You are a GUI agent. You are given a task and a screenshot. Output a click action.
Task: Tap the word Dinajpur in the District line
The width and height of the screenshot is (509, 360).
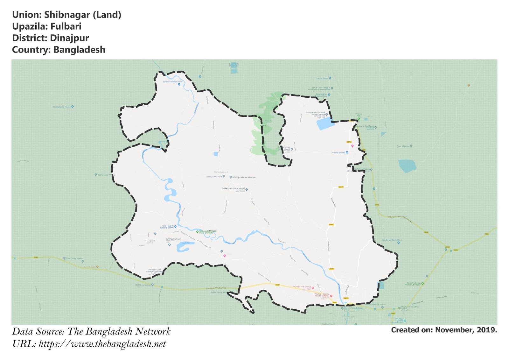coord(69,38)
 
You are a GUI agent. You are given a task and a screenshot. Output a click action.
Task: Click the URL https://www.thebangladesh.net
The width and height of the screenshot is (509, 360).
coord(102,344)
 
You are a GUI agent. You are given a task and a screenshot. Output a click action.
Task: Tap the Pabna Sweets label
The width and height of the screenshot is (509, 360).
coord(338,153)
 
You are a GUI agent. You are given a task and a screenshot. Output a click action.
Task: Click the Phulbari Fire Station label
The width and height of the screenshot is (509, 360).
coord(302,287)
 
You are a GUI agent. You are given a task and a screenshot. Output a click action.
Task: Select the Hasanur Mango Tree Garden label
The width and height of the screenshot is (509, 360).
coord(208,232)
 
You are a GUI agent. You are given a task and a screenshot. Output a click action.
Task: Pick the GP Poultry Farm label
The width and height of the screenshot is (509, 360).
coord(173,239)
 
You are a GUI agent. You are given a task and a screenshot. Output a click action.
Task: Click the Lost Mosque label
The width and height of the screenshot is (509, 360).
coord(403,146)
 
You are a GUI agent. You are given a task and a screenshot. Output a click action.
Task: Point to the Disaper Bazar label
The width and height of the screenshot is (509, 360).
coord(321,78)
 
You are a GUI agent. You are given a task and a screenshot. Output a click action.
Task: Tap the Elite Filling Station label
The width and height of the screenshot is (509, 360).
coord(75,258)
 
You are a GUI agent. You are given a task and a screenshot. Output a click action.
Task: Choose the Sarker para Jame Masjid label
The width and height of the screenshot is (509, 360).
coord(233,188)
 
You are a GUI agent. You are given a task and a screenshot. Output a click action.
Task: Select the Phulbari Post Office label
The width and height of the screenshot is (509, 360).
coord(410,307)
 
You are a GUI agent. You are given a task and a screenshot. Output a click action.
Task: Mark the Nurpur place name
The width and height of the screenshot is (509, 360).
coord(150,241)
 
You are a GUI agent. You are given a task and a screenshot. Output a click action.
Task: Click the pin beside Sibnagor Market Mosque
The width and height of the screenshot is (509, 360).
coord(231,177)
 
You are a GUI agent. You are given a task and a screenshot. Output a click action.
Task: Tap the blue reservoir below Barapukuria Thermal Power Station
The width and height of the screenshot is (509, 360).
coord(325,123)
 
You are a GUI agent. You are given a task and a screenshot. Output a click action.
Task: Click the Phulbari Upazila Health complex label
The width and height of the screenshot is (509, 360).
coord(322,295)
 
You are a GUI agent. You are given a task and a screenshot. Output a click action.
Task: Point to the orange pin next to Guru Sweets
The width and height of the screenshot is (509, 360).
coord(97,267)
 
